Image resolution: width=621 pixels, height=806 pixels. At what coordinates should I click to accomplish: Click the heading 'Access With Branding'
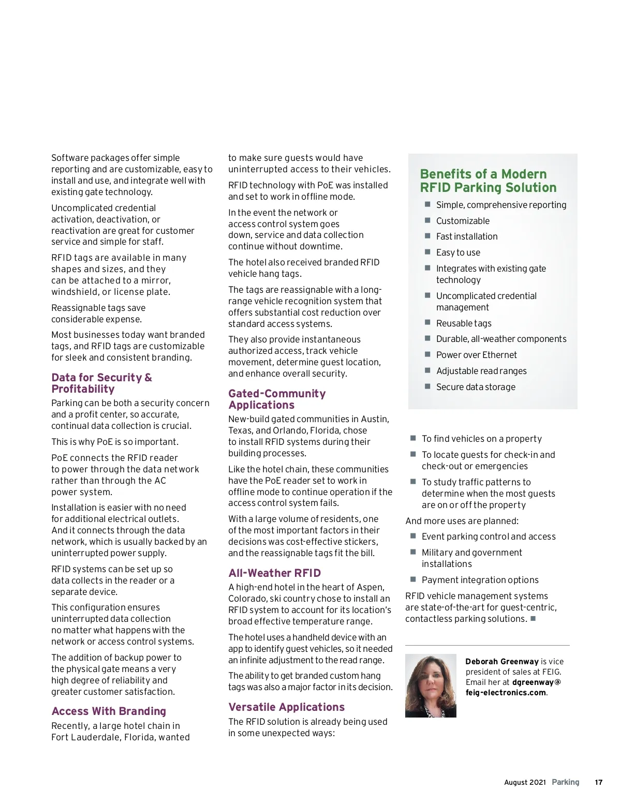coord(109,711)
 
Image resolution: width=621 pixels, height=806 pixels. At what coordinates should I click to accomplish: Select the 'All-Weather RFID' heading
coord(275,573)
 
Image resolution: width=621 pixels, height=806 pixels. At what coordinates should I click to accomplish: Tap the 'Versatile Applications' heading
coord(287,707)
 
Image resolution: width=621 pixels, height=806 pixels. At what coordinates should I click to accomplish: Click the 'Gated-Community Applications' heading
coord(277,399)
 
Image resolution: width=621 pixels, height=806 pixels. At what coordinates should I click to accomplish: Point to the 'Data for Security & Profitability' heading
coord(101,383)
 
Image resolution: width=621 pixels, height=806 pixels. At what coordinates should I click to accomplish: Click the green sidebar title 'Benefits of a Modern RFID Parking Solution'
coord(488,181)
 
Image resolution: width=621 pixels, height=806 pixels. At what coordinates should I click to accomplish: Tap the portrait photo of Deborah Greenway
coord(431,685)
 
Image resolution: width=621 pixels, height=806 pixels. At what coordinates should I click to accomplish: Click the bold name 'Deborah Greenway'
coord(502,662)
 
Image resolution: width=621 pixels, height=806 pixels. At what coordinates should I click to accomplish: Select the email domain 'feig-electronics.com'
coord(506,693)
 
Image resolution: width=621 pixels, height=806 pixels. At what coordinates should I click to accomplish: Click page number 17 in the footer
coord(598,782)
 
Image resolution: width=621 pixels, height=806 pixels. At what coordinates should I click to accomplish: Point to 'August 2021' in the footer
coord(525,782)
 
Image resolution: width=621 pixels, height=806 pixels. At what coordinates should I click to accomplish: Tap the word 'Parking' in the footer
coord(566,782)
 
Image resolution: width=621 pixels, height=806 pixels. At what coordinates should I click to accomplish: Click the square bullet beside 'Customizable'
coord(427,220)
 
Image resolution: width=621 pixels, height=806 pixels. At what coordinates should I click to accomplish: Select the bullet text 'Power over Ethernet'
coord(476,355)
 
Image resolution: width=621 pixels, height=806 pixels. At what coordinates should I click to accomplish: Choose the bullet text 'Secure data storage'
coord(476,387)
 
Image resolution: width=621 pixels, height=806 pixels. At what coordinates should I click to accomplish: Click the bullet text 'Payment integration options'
coord(480,580)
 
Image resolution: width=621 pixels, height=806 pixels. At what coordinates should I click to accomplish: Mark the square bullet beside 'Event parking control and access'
coord(413,536)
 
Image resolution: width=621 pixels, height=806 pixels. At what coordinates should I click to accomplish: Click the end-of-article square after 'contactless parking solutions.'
coord(533,618)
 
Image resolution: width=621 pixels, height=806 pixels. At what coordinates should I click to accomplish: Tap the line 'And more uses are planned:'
coord(462,521)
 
